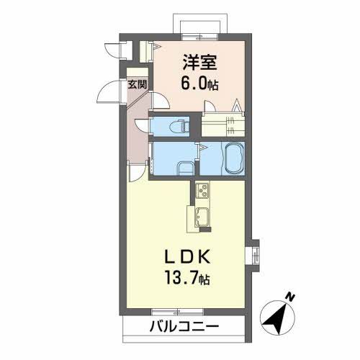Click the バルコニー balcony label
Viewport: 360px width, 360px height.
pyautogui.click(x=184, y=327)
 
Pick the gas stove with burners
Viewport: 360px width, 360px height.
pyautogui.click(x=202, y=192)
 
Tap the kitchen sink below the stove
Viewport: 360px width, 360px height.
pyautogui.click(x=201, y=216)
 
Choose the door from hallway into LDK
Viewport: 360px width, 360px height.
pyautogui.click(x=138, y=173)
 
